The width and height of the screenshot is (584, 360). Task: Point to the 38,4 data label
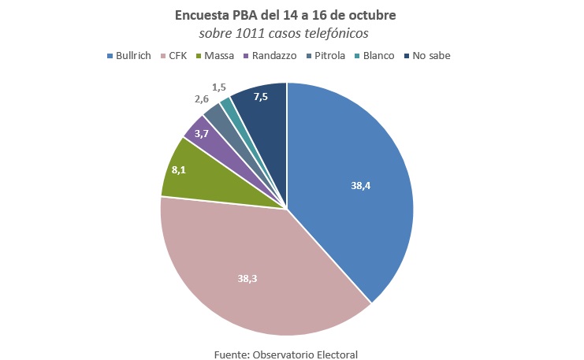362,186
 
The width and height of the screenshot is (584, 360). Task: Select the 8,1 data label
178,169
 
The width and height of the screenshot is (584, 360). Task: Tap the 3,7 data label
202,134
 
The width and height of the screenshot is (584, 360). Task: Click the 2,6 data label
202,100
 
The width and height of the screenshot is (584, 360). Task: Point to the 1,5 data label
220,86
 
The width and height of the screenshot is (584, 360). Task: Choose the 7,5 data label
260,97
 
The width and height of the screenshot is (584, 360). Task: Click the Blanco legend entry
375,56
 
